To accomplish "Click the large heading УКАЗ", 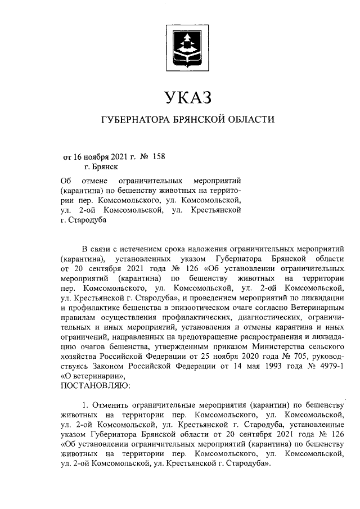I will click(188, 97).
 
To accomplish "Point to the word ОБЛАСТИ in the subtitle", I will click(253, 120).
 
